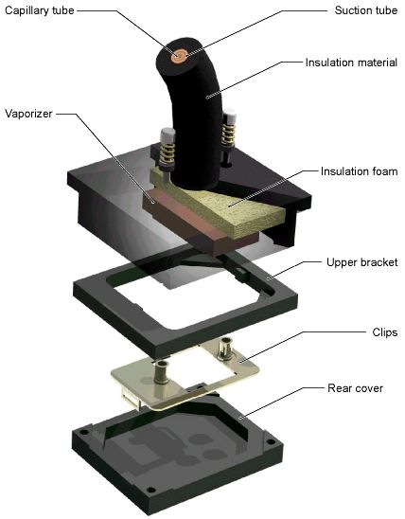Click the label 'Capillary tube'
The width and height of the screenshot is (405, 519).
40,10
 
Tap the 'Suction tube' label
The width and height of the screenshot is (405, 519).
365,10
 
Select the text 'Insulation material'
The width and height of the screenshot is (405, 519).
351,63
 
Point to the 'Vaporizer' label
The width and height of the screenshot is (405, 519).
28,114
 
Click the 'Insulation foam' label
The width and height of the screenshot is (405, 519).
359,171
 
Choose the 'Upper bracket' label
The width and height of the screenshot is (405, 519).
362,262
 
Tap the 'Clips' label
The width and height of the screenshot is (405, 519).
385,332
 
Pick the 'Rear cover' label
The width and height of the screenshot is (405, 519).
356,388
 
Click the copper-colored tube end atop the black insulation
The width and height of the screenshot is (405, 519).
180,56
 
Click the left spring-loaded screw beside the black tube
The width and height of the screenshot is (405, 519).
167,149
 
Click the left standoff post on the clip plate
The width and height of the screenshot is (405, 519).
162,371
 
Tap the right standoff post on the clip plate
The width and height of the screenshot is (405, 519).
225,349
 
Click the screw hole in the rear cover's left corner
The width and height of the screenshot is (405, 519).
84,432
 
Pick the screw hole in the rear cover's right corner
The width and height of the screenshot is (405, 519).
271,442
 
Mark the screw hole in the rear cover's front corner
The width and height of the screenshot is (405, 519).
150,490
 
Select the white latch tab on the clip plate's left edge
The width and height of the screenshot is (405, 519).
131,398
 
